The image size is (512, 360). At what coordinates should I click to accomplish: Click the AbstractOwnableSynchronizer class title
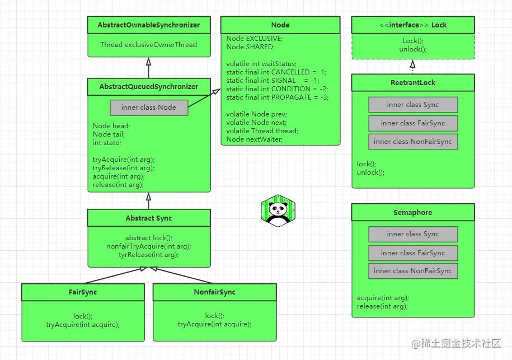click(148, 25)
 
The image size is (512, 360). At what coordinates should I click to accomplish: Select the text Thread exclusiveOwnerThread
click(148, 45)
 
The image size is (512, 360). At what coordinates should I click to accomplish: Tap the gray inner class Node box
click(148, 107)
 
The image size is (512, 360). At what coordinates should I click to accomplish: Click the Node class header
click(280, 25)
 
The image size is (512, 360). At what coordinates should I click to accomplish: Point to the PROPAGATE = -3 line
click(278, 97)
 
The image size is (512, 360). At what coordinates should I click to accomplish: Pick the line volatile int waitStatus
click(261, 64)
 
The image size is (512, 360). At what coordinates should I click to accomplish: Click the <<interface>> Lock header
click(412, 25)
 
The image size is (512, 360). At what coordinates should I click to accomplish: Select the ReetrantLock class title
click(412, 83)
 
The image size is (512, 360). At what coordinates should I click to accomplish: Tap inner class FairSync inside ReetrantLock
click(412, 123)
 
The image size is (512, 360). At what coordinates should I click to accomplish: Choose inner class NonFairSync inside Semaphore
click(412, 271)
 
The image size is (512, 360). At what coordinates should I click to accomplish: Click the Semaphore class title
click(412, 213)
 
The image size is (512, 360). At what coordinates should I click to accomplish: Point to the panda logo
click(278, 211)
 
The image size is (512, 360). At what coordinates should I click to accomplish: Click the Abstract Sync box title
click(148, 218)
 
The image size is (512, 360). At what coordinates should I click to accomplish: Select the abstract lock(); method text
click(148, 238)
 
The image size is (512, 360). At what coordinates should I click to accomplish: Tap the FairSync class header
click(83, 292)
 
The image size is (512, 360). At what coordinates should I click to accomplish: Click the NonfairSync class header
click(214, 292)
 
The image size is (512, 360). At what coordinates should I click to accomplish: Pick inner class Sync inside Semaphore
click(412, 234)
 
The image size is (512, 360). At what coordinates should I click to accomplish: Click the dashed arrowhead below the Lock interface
click(412, 64)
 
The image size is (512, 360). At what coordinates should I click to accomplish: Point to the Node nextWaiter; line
click(255, 139)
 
